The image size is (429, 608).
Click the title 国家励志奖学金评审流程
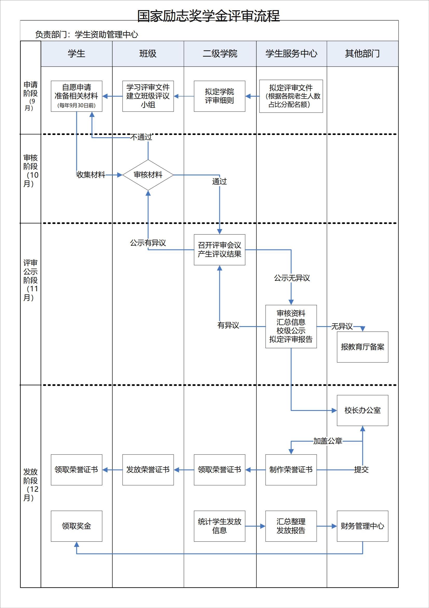click(209, 16)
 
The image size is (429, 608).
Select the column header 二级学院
click(220, 54)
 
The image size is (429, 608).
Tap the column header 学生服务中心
click(291, 54)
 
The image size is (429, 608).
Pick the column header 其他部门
click(362, 54)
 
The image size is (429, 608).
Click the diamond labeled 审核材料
click(148, 175)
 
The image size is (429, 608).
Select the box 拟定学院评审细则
click(219, 96)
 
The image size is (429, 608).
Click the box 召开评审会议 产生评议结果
click(219, 249)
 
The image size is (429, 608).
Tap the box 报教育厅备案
click(362, 347)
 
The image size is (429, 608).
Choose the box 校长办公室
click(362, 410)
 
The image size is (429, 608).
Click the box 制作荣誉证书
click(291, 470)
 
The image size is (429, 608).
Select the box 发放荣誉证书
click(148, 470)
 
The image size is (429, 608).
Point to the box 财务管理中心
click(362, 526)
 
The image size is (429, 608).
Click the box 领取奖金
click(76, 526)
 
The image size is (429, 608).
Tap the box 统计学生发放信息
click(219, 526)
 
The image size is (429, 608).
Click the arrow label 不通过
click(141, 137)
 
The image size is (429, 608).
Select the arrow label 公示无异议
click(292, 278)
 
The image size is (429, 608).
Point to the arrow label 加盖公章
click(328, 441)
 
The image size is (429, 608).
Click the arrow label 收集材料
click(91, 175)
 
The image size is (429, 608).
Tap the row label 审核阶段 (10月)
click(31, 171)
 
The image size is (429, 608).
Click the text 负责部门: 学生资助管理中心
click(86, 34)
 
